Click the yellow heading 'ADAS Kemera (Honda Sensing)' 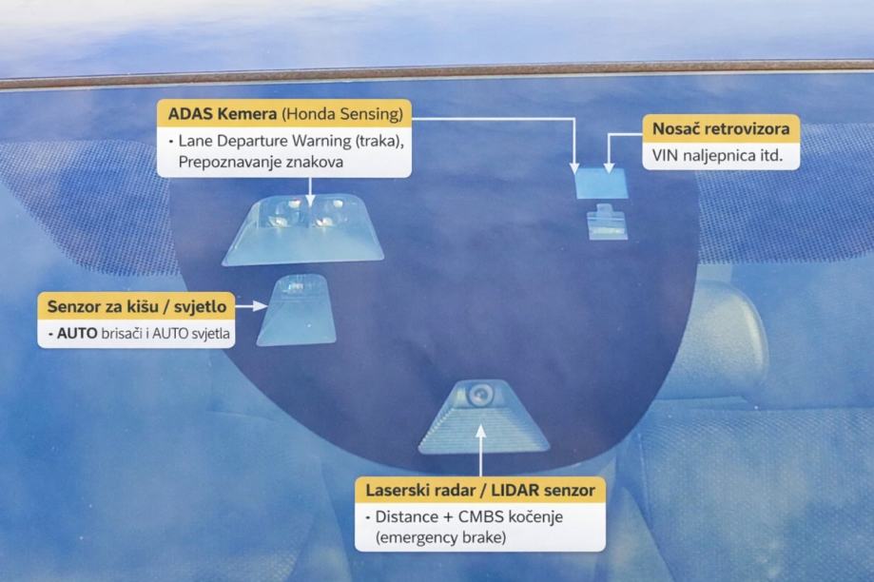coord(283,114)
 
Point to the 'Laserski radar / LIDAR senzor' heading coord(480,491)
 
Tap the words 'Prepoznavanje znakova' coord(259,162)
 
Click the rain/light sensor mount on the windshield coord(297,311)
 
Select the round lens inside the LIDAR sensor coord(480,392)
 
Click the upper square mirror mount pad coord(601,182)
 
